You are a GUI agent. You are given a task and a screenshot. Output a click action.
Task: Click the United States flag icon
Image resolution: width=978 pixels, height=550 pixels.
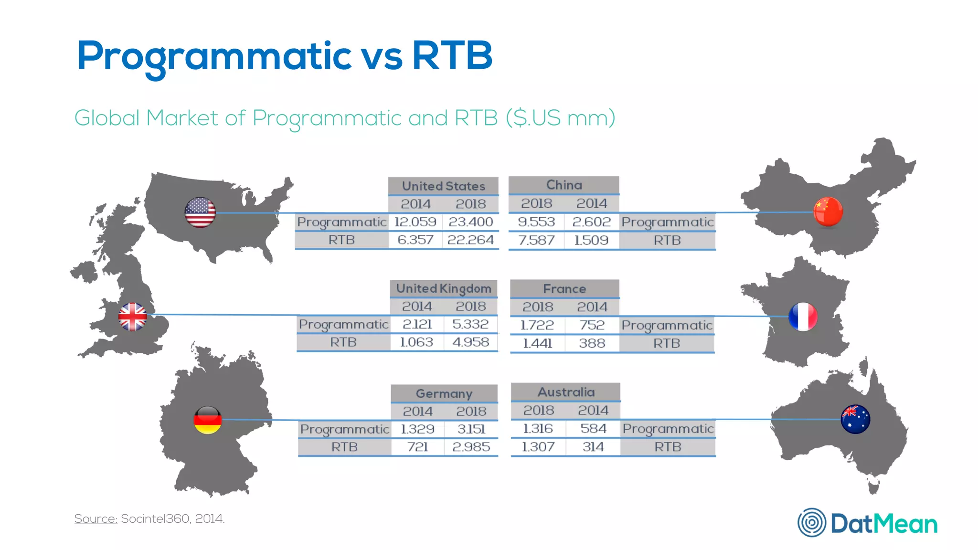coord(200,212)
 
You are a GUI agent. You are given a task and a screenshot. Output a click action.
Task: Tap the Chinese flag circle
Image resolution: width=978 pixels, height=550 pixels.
coord(828,211)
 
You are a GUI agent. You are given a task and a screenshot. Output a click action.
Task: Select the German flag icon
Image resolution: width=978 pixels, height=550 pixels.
coord(208,420)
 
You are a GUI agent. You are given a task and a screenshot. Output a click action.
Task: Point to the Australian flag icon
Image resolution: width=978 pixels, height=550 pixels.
coord(855,419)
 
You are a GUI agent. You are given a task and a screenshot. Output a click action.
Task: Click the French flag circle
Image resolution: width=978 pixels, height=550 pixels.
coord(803,317)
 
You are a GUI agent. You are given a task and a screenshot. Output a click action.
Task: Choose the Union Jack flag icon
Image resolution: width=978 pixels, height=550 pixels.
coord(133,317)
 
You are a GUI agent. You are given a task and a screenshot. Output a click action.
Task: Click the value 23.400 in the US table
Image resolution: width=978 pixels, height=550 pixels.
coord(470,222)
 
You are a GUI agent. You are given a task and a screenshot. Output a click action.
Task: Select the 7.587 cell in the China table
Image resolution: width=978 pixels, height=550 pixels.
coord(536,240)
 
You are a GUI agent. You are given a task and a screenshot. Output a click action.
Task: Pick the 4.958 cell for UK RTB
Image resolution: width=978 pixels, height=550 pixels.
coord(470,342)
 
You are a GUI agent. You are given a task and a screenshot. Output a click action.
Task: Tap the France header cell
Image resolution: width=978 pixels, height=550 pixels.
coord(564,289)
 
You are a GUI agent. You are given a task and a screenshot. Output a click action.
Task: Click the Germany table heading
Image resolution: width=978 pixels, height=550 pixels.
coord(444,394)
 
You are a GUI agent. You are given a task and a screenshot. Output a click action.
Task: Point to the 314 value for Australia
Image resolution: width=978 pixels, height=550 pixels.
coord(593,447)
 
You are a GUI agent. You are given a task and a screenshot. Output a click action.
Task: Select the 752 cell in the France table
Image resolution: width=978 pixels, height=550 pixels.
coord(592,325)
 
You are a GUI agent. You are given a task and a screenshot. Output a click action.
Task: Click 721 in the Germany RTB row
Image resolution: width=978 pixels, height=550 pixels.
coord(417,447)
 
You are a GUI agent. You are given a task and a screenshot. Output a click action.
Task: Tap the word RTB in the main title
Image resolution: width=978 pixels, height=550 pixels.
coord(452,55)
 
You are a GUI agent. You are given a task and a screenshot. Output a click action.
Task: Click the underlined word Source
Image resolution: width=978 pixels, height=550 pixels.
coord(96,518)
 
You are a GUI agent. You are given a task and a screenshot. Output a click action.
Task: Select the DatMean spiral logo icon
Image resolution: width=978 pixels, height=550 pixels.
coord(811,522)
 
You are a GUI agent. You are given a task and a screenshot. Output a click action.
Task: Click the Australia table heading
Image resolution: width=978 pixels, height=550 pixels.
coord(566,392)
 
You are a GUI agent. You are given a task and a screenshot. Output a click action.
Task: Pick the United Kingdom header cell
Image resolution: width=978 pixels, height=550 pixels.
coord(444,289)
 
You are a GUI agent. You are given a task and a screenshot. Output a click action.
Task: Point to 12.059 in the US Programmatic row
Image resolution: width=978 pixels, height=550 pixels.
coord(415,222)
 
